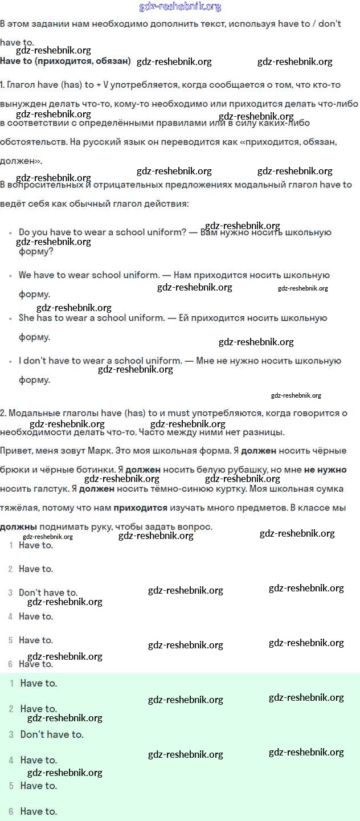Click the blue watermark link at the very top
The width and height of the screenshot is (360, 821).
[180, 7]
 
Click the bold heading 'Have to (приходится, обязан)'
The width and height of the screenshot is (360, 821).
[66, 61]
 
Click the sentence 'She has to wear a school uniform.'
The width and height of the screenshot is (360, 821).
[92, 318]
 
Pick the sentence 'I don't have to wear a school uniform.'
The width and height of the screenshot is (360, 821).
[100, 361]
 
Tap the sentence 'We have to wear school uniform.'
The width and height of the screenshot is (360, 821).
[89, 275]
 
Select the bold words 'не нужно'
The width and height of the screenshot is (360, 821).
[325, 470]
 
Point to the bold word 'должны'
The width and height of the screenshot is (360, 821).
[18, 527]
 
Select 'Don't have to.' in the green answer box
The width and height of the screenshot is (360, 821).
[52, 734]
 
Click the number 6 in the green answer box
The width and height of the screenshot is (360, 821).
[11, 811]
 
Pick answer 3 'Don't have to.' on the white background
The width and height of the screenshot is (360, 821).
[48, 593]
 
